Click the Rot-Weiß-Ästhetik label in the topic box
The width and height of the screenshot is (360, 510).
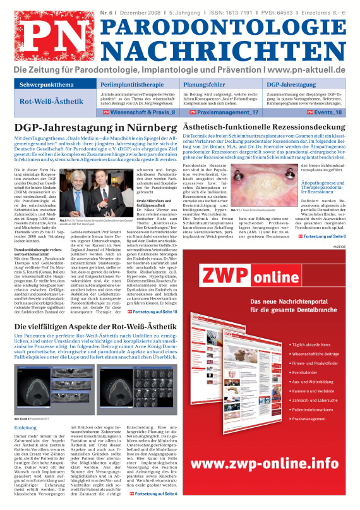click(x=48, y=101)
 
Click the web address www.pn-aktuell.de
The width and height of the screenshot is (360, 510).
click(x=304, y=69)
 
